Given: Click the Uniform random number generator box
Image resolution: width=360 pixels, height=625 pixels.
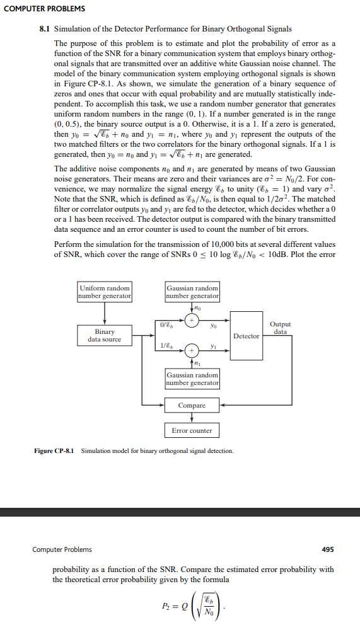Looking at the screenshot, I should coord(105,292).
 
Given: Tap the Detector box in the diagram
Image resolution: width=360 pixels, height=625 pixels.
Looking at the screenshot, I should coord(246,336).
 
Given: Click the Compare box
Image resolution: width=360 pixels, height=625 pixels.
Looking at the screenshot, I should coord(192,405).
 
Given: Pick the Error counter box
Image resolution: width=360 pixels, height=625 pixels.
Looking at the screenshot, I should coord(192,431).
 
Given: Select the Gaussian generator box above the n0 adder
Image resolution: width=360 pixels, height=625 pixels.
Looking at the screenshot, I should coord(192,292).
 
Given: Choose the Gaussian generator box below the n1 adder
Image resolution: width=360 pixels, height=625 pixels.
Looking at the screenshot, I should coord(192,379).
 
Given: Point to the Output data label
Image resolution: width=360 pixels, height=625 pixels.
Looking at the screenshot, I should coord(280,328).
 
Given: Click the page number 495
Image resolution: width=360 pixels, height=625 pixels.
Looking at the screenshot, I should coord(328,549).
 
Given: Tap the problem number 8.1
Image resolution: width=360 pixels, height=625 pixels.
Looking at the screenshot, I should coord(45,30).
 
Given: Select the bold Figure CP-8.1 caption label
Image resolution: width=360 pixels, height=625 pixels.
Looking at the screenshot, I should coord(54,451).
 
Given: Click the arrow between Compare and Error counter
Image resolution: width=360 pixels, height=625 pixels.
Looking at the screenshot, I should coord(192,418).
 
